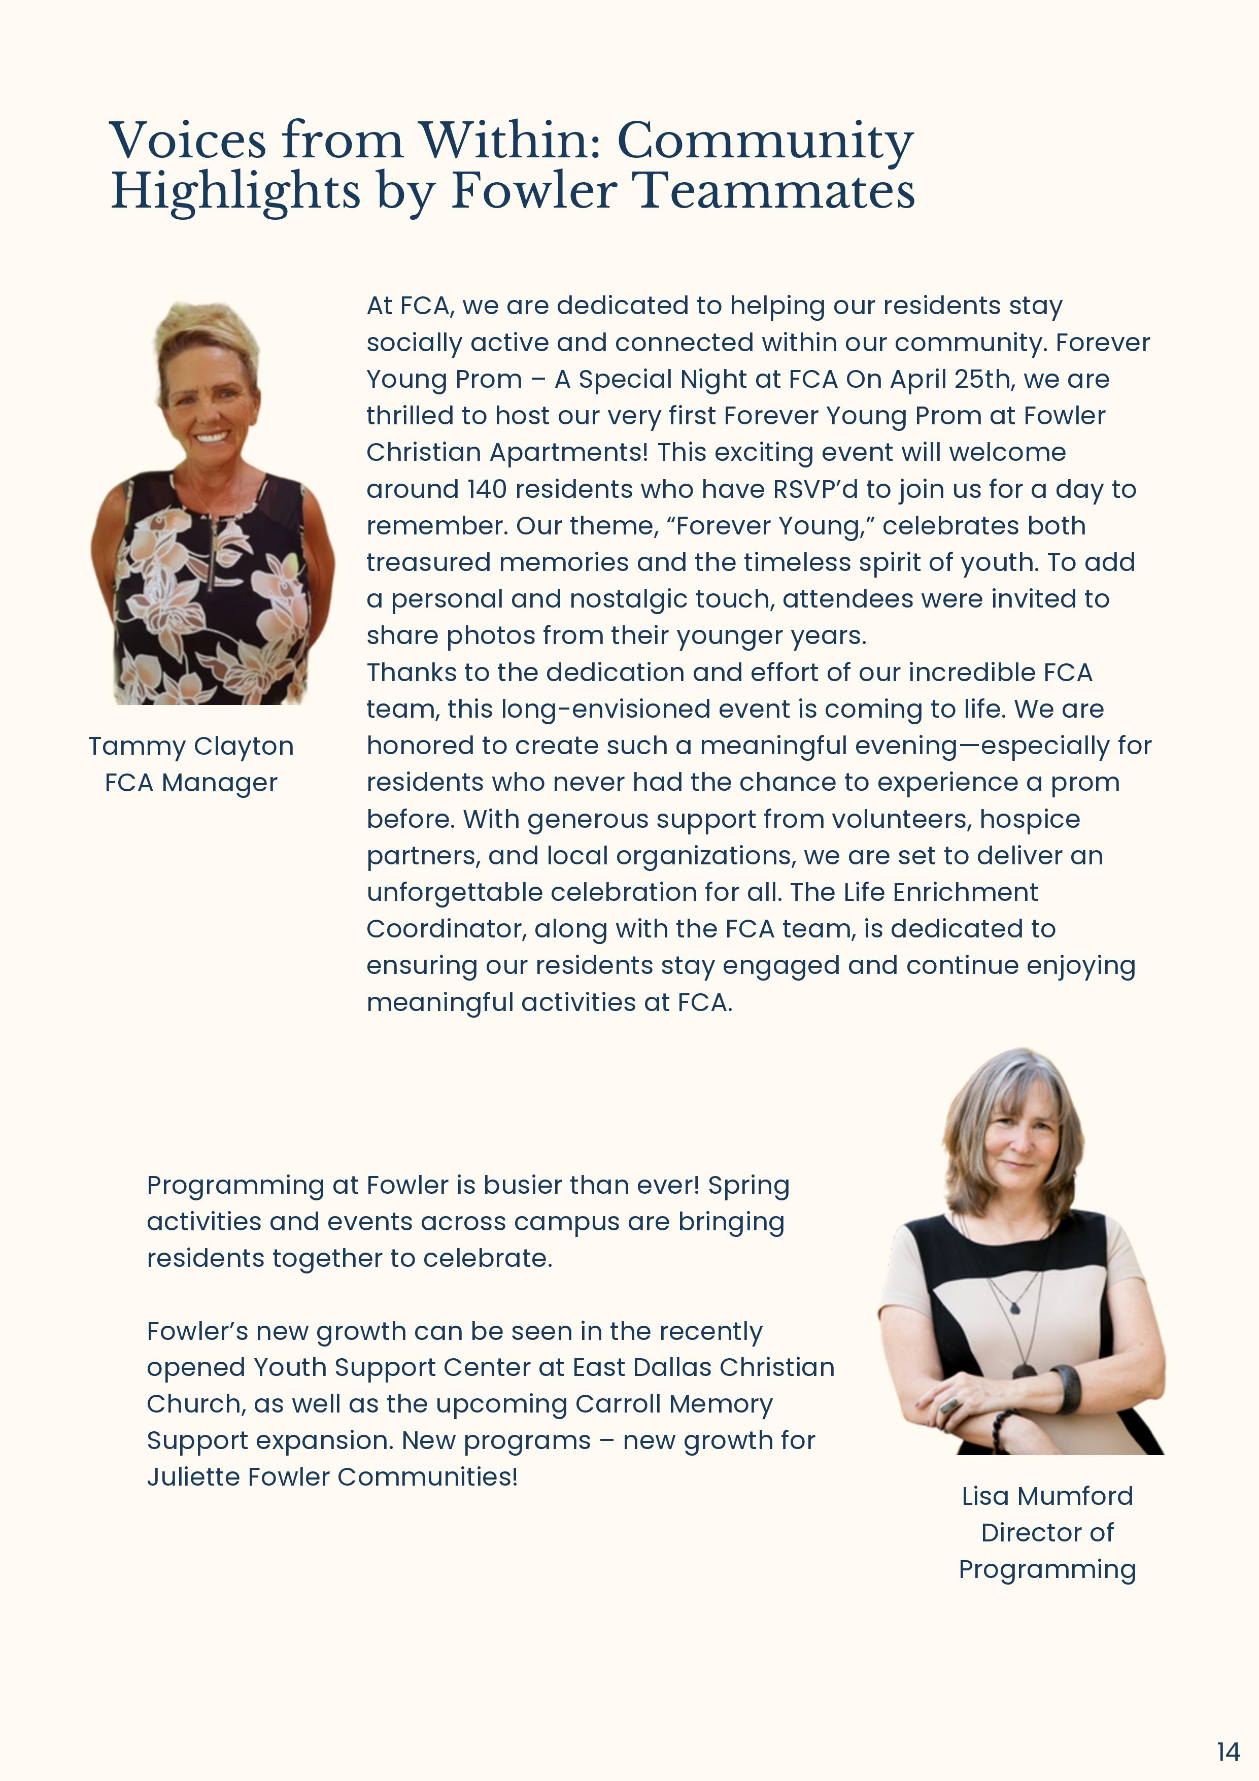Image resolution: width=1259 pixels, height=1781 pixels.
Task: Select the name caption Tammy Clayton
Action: [191, 746]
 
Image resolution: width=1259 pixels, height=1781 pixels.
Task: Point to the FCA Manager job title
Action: [191, 783]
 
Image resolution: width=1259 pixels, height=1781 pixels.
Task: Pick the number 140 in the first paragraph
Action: [486, 489]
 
